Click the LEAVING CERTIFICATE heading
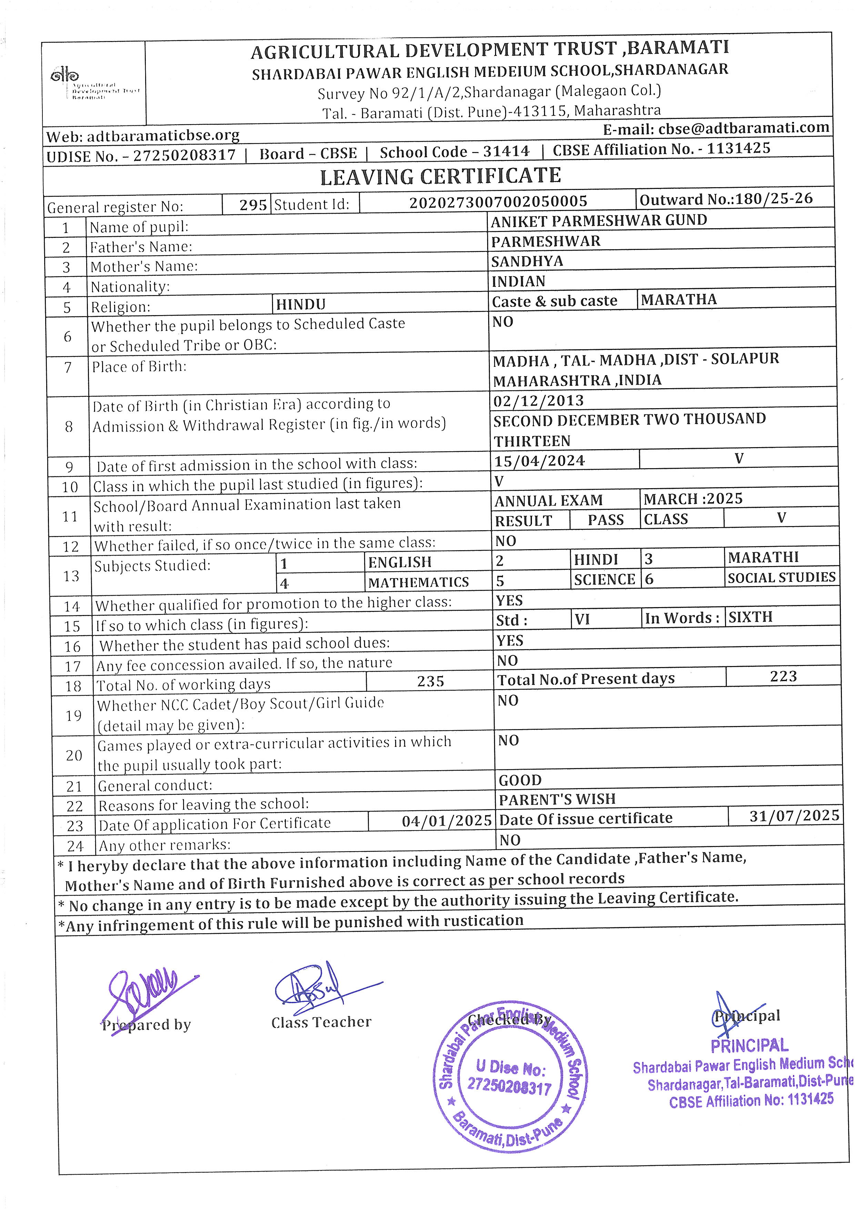click(x=440, y=177)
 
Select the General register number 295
click(x=253, y=205)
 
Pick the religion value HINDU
click(x=301, y=304)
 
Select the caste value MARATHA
click(x=678, y=300)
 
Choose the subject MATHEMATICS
click(x=418, y=582)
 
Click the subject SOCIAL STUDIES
click(x=781, y=578)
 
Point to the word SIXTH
click(x=750, y=617)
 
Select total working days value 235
click(x=431, y=682)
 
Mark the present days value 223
click(x=783, y=677)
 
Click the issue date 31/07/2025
click(x=794, y=816)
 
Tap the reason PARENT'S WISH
click(x=557, y=799)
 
